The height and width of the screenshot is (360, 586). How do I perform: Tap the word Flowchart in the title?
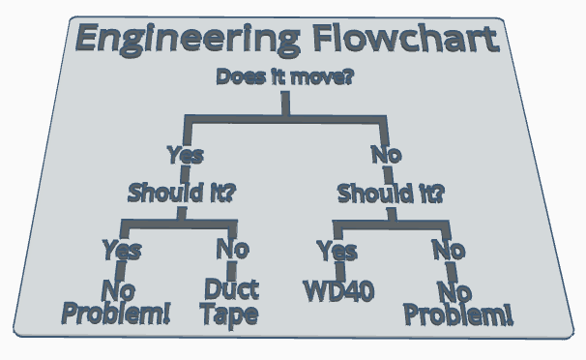[x=407, y=41]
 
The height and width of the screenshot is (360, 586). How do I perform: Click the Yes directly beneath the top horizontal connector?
[x=185, y=155]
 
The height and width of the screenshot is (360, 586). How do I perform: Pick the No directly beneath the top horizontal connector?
[x=386, y=155]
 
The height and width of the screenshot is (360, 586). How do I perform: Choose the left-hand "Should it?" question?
[x=182, y=192]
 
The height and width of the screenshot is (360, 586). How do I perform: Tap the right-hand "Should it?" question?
[x=391, y=193]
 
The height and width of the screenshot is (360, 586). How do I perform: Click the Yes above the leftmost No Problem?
[x=122, y=251]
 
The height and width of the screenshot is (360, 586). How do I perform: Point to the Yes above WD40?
[x=337, y=252]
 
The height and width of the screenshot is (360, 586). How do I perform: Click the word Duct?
[x=230, y=288]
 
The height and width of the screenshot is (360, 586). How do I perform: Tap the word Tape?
[x=230, y=314]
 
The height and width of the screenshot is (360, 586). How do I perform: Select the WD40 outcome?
[x=338, y=290]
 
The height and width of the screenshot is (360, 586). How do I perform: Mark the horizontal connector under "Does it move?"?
[x=285, y=119]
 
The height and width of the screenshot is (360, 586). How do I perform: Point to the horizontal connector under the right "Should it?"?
[x=392, y=225]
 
